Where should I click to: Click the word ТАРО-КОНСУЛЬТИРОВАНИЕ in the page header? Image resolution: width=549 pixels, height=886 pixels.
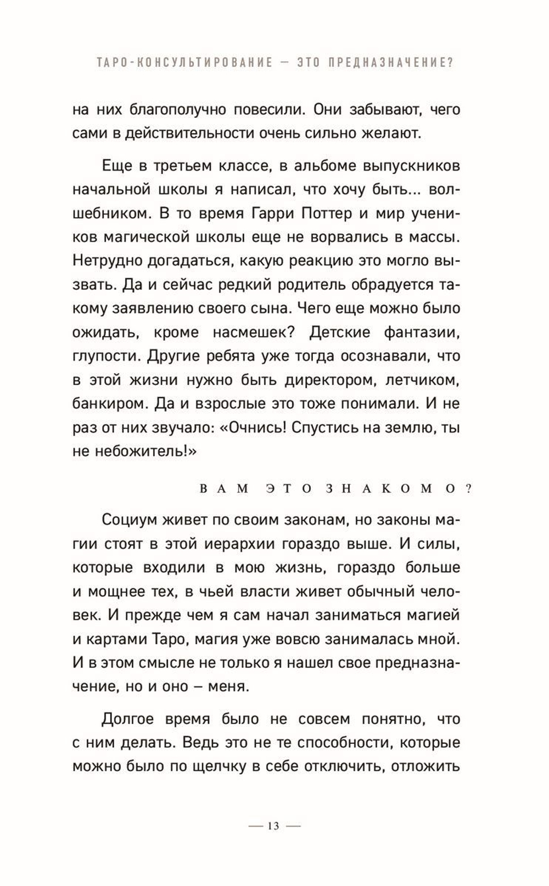click(x=184, y=63)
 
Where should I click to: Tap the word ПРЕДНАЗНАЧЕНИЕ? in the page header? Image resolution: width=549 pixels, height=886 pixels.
click(x=391, y=63)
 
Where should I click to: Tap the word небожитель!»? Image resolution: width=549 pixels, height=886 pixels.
click(x=143, y=451)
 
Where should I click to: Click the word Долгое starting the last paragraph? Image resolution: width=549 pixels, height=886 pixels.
click(x=132, y=719)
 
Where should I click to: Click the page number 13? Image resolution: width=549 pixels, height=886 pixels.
click(x=273, y=826)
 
